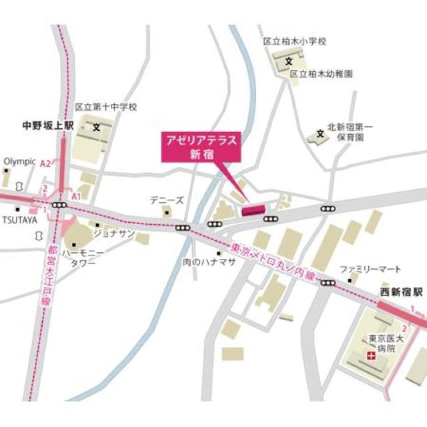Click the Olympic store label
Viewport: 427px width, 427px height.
click(20, 161)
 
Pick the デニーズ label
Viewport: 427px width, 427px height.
click(166, 200)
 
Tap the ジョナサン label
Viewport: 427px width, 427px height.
click(114, 234)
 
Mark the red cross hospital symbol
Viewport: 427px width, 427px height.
click(370, 355)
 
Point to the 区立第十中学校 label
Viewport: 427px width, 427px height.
click(106, 107)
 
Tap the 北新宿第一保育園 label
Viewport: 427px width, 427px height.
click(350, 132)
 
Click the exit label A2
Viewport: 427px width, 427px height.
click(45, 164)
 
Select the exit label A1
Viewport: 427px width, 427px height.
click(76, 196)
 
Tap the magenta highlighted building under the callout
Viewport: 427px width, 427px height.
click(254, 209)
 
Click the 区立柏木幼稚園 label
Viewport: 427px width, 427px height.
click(321, 74)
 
